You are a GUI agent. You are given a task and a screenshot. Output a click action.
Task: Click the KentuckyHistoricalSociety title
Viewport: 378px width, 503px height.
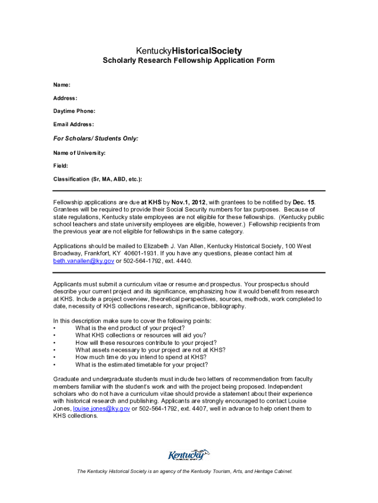pos(189,51)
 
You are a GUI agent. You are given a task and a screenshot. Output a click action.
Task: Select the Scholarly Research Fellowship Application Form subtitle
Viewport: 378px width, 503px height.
pos(189,61)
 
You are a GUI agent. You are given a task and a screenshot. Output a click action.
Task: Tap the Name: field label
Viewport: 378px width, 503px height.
pos(62,85)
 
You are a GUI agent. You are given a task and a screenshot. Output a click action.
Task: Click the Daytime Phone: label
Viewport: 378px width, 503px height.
pos(74,111)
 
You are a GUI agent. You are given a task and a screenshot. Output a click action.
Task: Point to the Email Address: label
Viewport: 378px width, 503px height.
pos(74,124)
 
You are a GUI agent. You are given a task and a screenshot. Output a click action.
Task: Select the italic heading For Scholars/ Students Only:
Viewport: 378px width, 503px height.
pos(96,139)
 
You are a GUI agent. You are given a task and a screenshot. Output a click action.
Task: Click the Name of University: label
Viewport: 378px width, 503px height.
pos(80,153)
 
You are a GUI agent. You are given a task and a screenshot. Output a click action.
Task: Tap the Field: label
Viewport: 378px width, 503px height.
pos(61,166)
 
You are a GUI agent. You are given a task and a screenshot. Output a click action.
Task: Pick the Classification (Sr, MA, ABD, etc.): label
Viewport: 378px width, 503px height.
pos(98,179)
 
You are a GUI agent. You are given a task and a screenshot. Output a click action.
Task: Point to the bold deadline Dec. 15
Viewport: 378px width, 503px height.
pos(303,202)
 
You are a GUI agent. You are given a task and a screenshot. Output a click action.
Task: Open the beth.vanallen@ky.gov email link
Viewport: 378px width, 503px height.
pos(83,261)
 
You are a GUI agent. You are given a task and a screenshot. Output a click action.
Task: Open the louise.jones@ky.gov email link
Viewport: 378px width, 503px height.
pos(101,408)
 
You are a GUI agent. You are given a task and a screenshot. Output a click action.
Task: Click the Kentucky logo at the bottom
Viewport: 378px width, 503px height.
pos(189,455)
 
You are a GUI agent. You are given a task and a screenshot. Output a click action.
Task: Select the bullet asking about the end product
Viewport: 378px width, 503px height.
pos(130,328)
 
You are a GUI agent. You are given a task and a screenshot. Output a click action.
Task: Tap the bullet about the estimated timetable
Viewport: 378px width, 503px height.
pos(141,365)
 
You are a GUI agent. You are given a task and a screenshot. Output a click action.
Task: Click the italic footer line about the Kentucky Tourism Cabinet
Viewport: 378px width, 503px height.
pos(185,472)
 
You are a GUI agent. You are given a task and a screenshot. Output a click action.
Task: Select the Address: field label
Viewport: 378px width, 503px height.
pos(65,98)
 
